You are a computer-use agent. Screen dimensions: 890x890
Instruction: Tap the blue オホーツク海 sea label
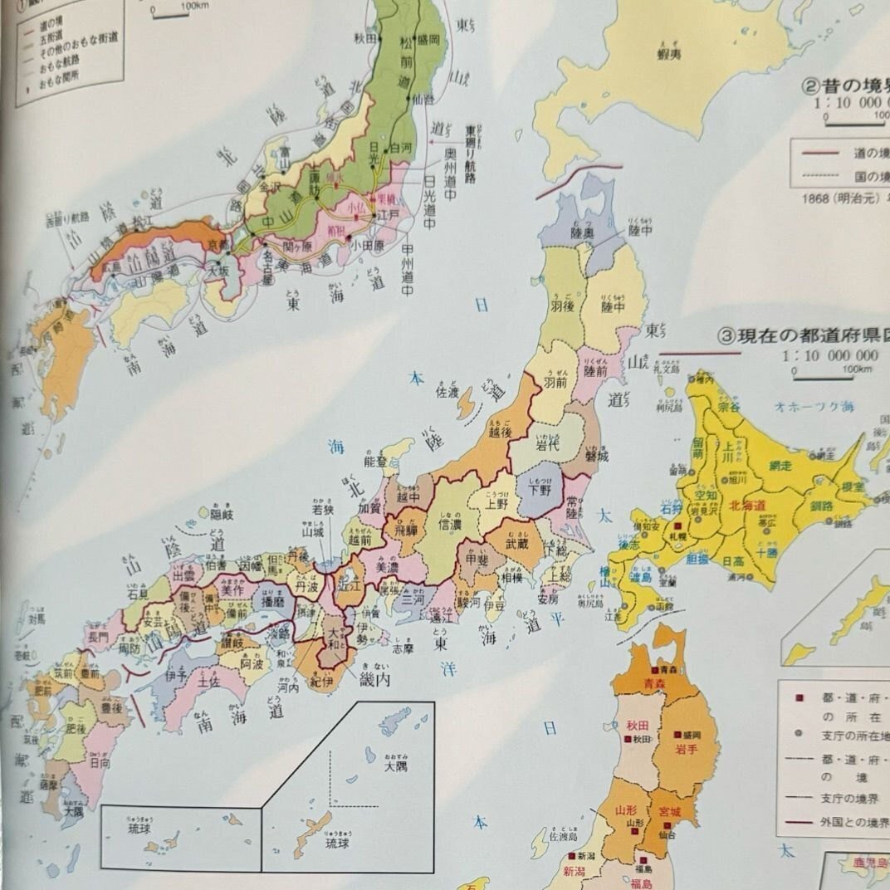813,408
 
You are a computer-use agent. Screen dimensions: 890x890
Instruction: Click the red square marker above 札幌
678,526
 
